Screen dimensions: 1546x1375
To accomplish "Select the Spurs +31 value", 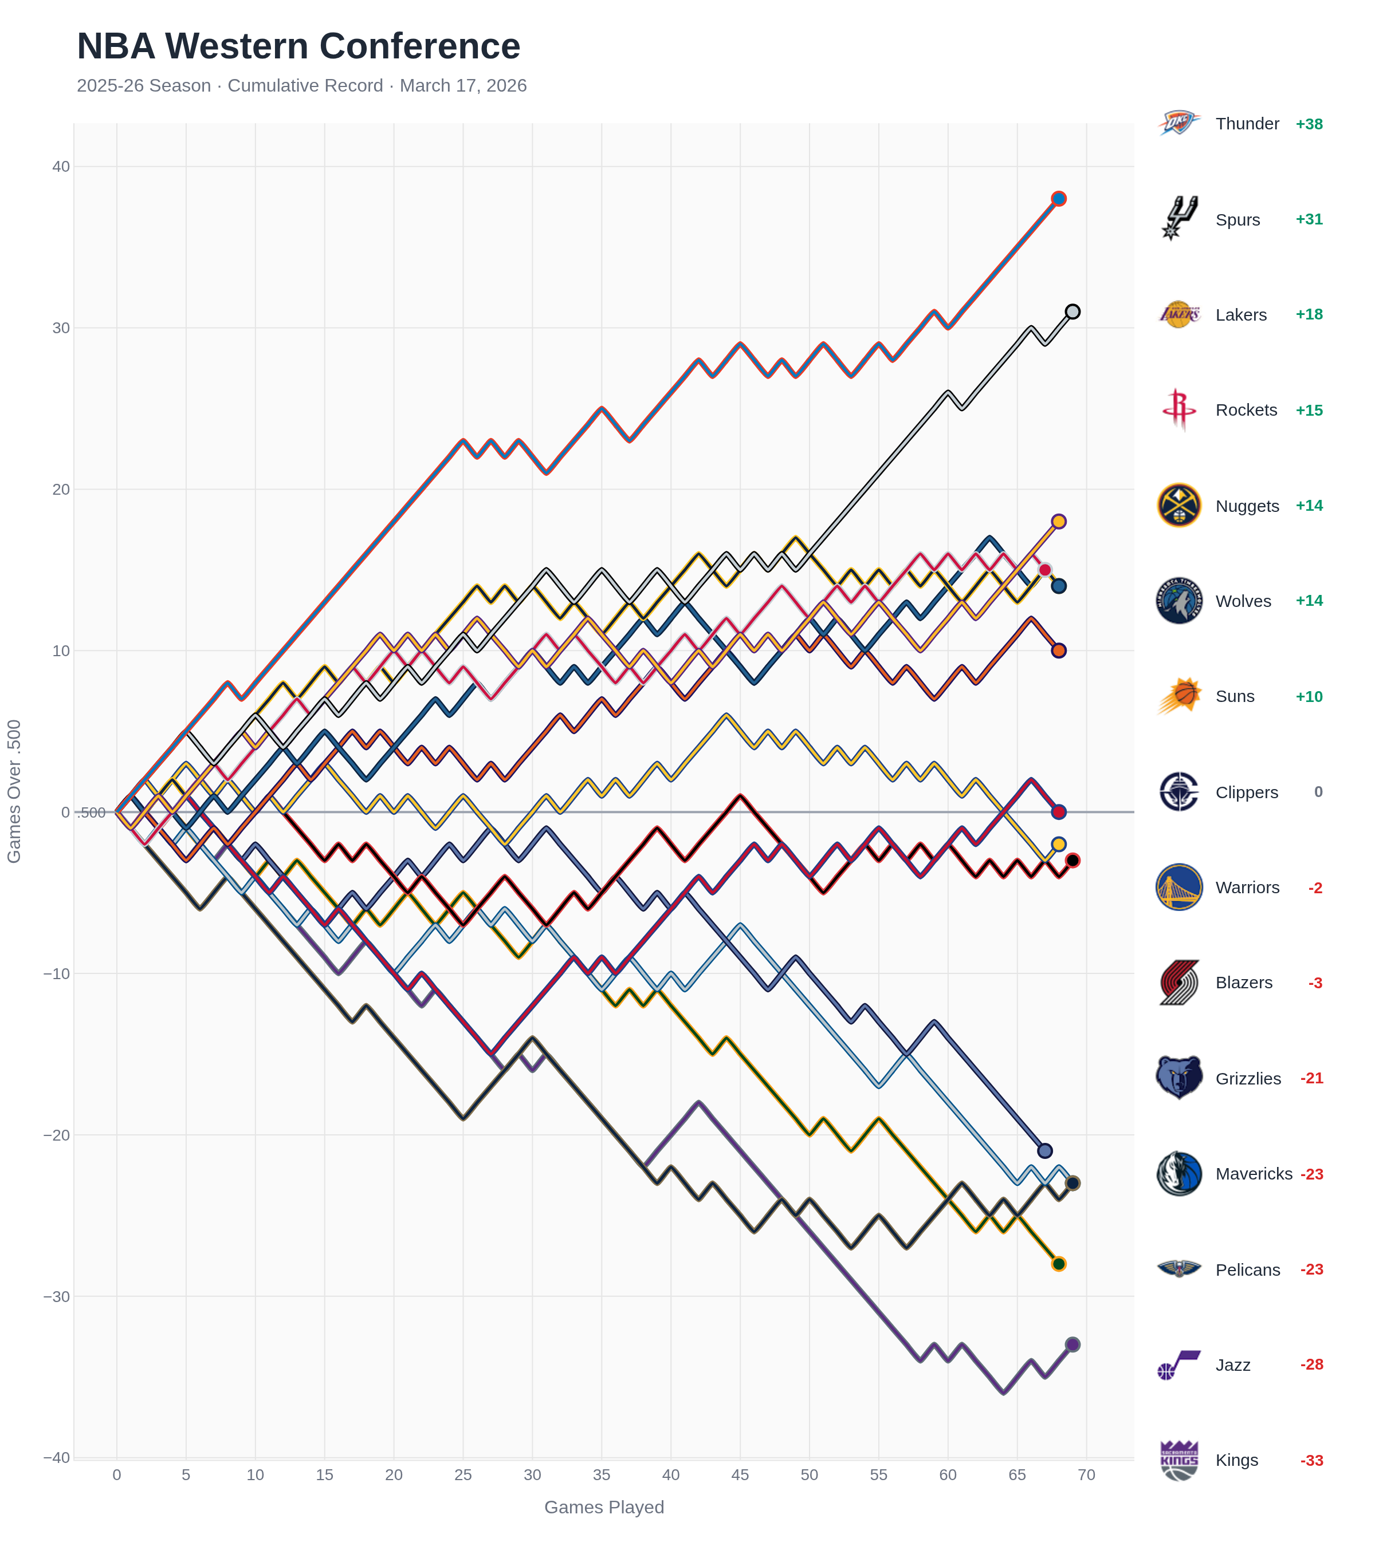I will [1309, 219].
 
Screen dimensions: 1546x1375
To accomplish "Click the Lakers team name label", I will [1240, 315].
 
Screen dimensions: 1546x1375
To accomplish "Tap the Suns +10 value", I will [1309, 697].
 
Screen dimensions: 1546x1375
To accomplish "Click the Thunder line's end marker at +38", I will [1058, 199].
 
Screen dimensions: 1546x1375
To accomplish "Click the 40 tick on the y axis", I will [61, 167].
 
